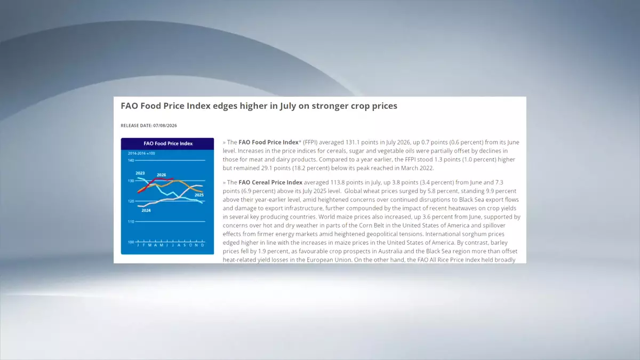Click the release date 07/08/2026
[x=165, y=125]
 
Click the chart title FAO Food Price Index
[x=168, y=143]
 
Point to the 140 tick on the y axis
[x=131, y=161]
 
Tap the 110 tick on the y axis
[x=131, y=221]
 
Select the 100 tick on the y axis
[x=131, y=242]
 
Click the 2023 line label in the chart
[x=140, y=173]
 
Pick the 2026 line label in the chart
[x=162, y=175]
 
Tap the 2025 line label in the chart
[x=199, y=195]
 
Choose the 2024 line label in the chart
[x=146, y=211]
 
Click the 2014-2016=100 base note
[x=141, y=154]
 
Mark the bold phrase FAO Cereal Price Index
[x=270, y=182]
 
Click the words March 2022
[x=417, y=168]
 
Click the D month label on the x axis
[x=203, y=245]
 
